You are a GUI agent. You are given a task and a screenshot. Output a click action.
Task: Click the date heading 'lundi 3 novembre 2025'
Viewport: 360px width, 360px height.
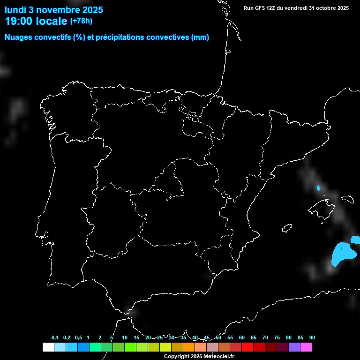(54, 10)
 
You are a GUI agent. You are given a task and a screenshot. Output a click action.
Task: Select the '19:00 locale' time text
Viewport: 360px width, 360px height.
(36, 21)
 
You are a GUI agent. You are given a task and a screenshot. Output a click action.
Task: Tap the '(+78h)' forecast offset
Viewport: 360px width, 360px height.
(82, 21)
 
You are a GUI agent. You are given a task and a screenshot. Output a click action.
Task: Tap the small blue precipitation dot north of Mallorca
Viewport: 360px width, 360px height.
(318, 188)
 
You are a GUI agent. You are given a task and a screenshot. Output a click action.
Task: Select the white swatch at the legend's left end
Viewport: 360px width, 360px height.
(48, 347)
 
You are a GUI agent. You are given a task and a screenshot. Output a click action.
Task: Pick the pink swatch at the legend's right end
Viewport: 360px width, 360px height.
(306, 347)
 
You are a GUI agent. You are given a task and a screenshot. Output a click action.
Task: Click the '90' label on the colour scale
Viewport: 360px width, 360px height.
(312, 337)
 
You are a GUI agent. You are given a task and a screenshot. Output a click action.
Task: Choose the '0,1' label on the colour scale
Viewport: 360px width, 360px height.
(55, 337)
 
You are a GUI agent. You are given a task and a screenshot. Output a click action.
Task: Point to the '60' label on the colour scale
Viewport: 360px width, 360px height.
(242, 337)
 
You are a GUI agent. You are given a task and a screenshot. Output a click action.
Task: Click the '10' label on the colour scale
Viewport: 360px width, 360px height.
(125, 337)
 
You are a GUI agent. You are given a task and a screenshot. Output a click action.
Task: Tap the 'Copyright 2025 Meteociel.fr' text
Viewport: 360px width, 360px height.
(199, 357)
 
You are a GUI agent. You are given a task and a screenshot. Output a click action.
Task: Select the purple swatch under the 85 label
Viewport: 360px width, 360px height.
(294, 347)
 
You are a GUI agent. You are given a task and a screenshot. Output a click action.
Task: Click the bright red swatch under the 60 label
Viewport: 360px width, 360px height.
(247, 347)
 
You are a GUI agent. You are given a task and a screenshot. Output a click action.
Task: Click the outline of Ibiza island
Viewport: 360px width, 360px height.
(286, 228)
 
